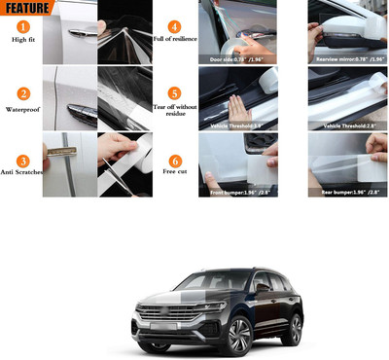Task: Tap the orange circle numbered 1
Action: [x=20, y=25]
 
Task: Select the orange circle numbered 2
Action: [x=20, y=95]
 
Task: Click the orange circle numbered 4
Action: [x=174, y=26]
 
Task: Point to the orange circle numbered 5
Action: [x=174, y=93]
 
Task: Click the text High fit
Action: [x=20, y=40]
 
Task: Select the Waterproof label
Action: [x=20, y=110]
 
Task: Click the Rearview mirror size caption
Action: [x=347, y=60]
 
